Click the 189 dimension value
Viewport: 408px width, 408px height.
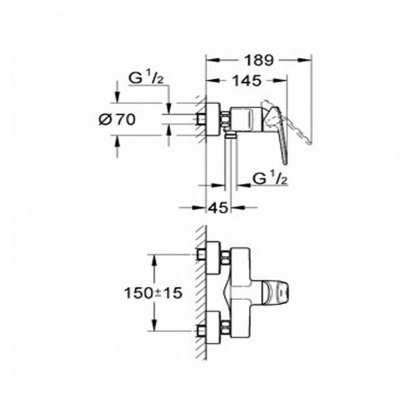pos(259,61)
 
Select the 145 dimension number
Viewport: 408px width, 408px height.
pos(247,80)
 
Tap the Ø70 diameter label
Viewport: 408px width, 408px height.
pos(117,119)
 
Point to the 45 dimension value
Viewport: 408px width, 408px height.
pos(219,207)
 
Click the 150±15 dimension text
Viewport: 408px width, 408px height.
pos(153,293)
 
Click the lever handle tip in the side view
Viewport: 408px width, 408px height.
pos(285,162)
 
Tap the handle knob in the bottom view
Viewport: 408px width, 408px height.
pos(276,293)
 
